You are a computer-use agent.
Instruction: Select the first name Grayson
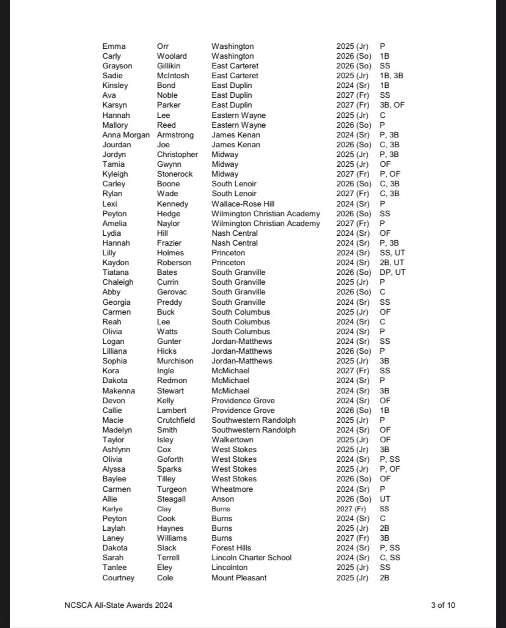click(x=116, y=66)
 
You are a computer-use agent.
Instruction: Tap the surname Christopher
click(x=177, y=155)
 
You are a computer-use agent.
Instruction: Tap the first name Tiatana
click(x=114, y=272)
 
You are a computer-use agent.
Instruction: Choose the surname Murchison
click(x=175, y=361)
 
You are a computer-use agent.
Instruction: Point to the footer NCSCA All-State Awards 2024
click(x=119, y=605)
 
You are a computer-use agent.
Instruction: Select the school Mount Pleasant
click(x=239, y=577)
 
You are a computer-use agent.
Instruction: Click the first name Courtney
click(x=119, y=577)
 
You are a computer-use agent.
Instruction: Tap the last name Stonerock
click(x=174, y=174)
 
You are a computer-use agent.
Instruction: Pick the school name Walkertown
click(x=232, y=440)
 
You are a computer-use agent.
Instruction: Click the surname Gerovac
click(x=172, y=292)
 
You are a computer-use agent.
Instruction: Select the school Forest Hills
click(x=231, y=548)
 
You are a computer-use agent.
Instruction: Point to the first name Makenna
click(x=119, y=390)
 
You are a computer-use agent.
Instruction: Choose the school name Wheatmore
click(x=232, y=489)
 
